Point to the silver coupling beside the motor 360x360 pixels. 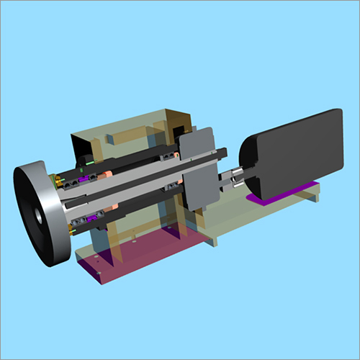(234, 176)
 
